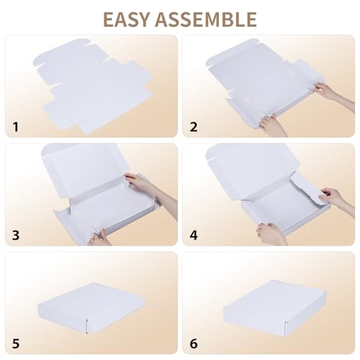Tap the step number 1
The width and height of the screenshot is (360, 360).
[x=17, y=127]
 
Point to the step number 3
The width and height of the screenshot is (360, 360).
[x=17, y=235]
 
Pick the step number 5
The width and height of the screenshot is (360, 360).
[x=17, y=343]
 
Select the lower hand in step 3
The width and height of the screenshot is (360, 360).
[x=99, y=236]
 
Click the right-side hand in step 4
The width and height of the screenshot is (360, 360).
[x=333, y=197]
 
